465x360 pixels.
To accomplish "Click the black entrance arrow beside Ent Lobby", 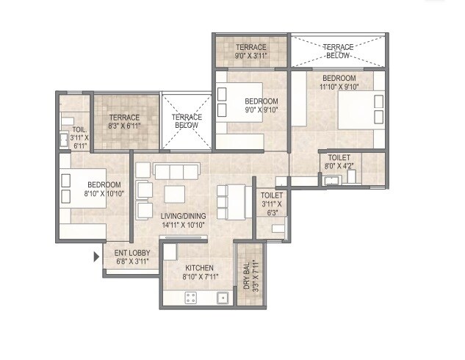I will pyautogui.click(x=96, y=256).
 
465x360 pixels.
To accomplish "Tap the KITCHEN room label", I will pyautogui.click(x=199, y=267).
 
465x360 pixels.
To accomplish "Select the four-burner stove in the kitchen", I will pyautogui.click(x=191, y=298).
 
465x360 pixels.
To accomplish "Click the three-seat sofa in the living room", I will pyautogui.click(x=176, y=171).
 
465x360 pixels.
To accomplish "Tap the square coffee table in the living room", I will pyautogui.click(x=175, y=194).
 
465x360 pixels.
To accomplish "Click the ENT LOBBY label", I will pyautogui.click(x=132, y=253).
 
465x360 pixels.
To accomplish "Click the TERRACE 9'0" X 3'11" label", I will pyautogui.click(x=251, y=51).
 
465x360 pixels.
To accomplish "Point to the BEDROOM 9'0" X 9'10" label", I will pyautogui.click(x=261, y=106).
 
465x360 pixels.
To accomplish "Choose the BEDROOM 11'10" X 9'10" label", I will pyautogui.click(x=337, y=82).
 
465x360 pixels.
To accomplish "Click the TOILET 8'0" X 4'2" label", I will pyautogui.click(x=339, y=162).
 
